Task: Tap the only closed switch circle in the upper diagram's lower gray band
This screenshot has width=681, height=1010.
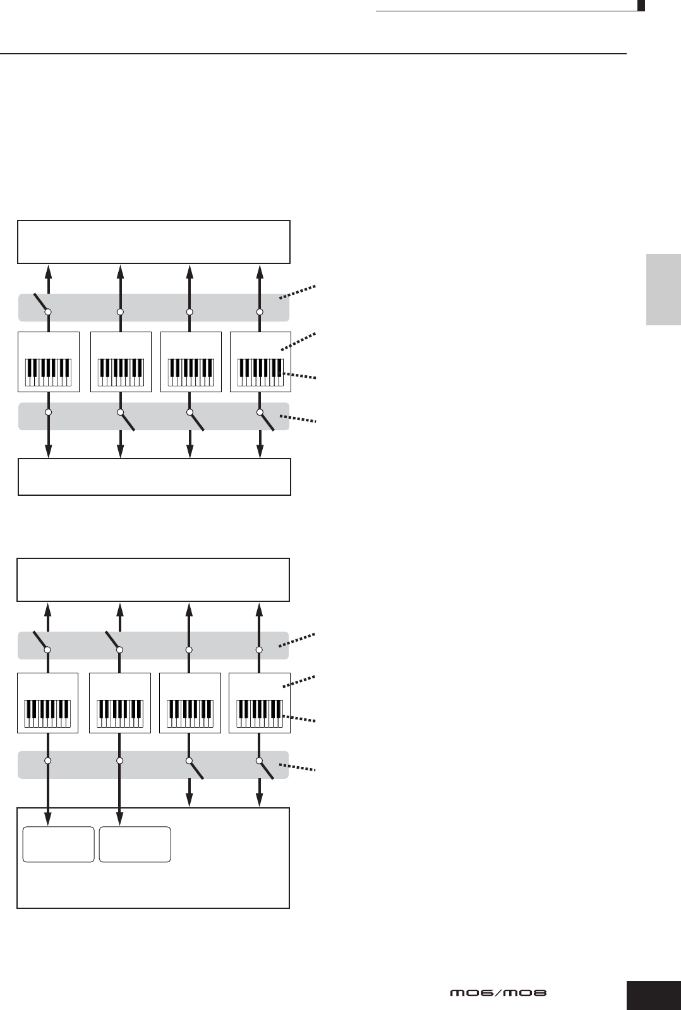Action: point(48,412)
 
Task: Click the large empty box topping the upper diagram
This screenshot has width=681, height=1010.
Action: point(154,241)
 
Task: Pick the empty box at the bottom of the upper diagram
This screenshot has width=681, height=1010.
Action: point(154,477)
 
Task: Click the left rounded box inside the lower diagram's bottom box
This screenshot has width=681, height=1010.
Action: point(58,844)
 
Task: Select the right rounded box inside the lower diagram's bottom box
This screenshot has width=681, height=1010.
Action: point(135,844)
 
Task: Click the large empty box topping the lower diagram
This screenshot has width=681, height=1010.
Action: point(153,580)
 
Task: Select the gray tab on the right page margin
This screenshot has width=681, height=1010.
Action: point(663,289)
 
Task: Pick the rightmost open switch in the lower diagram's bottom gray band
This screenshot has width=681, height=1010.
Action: point(266,769)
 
